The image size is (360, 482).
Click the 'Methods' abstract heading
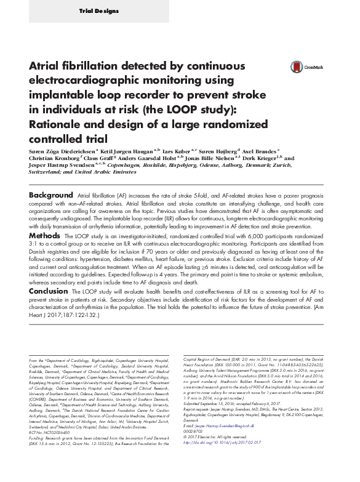click(45, 235)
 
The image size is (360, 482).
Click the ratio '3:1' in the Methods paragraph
click(35, 244)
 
